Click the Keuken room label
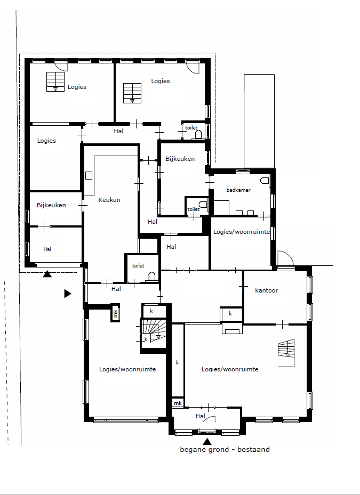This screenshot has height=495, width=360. tap(109, 200)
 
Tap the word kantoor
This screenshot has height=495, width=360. tap(267, 290)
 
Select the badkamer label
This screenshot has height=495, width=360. tap(238, 190)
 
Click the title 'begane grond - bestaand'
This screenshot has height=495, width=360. tap(225, 450)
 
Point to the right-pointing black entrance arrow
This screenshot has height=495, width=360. tap(68, 294)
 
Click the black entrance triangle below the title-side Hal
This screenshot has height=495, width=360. tap(207, 441)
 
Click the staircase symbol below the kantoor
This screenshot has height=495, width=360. tap(286, 348)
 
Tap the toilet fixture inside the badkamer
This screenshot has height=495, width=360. tap(265, 181)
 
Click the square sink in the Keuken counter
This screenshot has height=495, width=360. tap(89, 175)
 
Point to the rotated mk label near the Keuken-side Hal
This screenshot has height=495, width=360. tap(115, 313)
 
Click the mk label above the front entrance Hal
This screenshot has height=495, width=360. tap(178, 403)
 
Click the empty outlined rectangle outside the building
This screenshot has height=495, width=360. tap(259, 121)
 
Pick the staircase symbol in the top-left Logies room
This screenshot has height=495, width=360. tap(55, 82)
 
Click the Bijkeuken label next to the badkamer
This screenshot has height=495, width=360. tap(180, 159)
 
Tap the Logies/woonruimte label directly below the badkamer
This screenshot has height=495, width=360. tap(242, 232)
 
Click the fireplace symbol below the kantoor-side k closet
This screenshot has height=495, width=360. tap(233, 328)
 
